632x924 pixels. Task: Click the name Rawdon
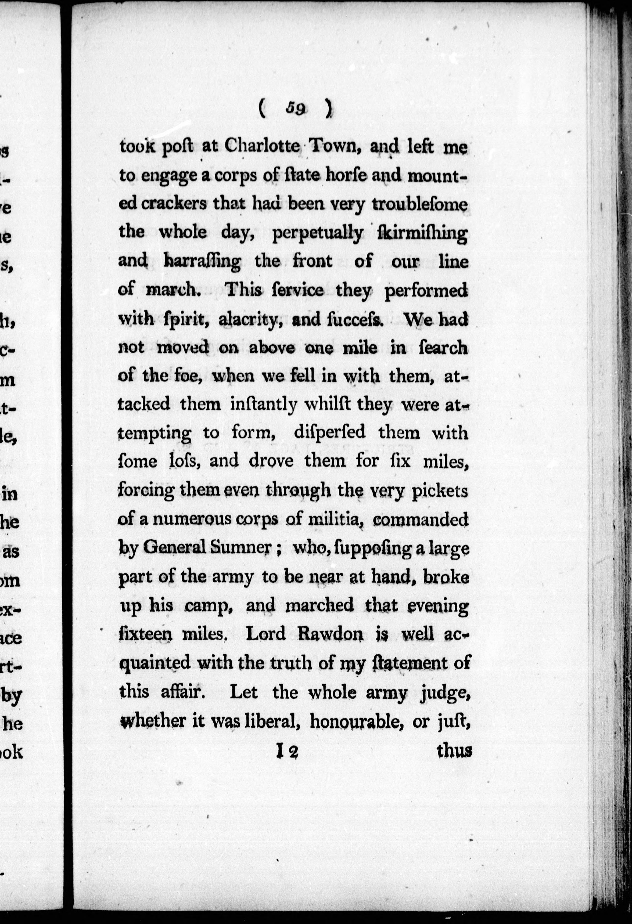click(x=330, y=634)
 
